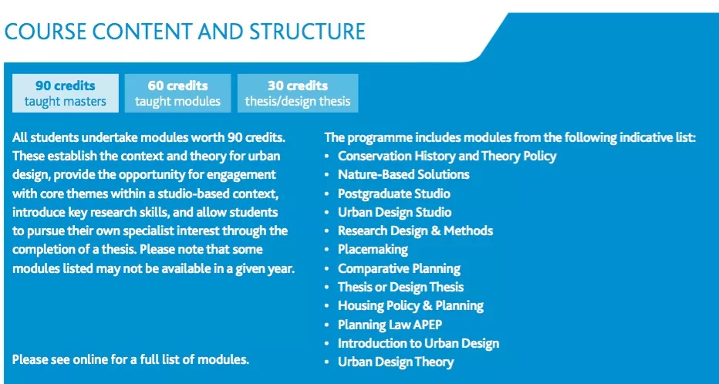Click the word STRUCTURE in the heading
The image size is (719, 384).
pos(307,32)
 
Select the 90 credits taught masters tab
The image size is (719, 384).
pos(65,93)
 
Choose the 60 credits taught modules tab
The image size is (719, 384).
pos(177,93)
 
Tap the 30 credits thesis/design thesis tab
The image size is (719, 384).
pos(298,93)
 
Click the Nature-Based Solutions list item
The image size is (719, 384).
pos(403,174)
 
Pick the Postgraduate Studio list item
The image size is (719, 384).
pos(394,194)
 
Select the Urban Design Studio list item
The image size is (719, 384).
pos(394,212)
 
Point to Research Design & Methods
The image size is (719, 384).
pos(416,231)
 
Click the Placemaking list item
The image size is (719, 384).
pos(373,250)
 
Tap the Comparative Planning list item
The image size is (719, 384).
pos(399,268)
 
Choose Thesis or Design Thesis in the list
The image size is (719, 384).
pos(400,287)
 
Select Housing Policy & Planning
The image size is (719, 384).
pos(410,305)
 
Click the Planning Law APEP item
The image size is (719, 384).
pos(390,325)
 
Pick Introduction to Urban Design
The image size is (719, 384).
pos(418,343)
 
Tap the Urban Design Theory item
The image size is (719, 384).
pos(396,362)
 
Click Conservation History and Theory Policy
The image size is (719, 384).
pos(447,156)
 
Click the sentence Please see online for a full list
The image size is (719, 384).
pos(130,359)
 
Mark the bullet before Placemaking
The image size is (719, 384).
pos(326,250)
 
